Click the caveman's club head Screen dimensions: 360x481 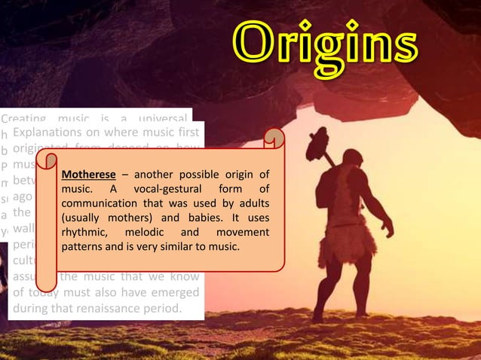coord(319,143)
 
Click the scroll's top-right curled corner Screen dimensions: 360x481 coord(275,139)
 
